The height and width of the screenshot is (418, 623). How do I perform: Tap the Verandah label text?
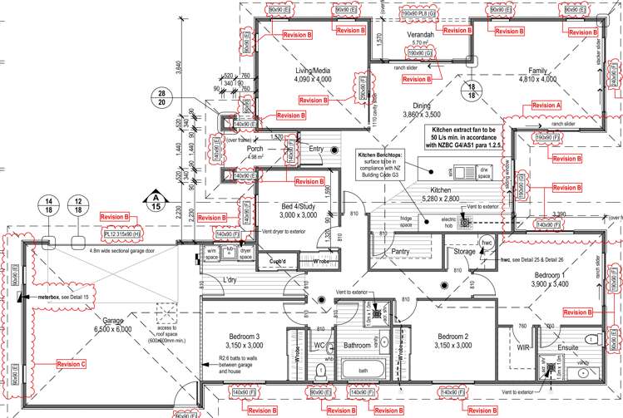[420, 35]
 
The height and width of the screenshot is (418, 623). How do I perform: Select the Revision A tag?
[546, 106]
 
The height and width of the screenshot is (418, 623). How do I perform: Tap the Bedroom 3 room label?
[245, 340]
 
